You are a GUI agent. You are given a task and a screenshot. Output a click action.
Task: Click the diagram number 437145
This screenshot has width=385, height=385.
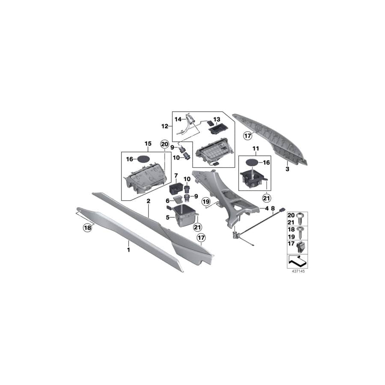(298, 271)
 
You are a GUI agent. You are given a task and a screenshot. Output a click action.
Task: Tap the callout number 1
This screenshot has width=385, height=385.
(128, 250)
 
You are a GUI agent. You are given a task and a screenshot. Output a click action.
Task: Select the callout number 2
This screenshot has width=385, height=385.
(148, 201)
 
